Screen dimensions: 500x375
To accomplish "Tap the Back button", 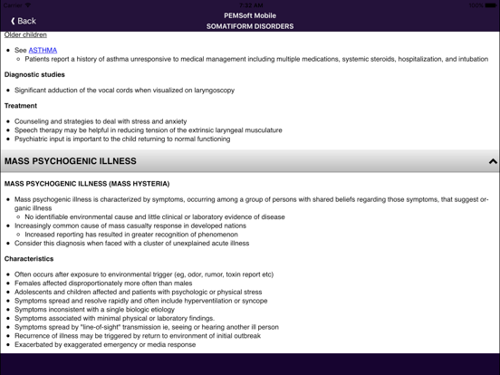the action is pos(24,20).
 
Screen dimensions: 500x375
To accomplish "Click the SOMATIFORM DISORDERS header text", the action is pos(249,26).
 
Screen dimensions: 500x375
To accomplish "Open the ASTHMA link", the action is pos(43,50).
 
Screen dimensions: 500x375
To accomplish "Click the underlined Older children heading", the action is pos(25,35).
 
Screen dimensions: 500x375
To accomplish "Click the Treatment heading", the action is pos(21,106).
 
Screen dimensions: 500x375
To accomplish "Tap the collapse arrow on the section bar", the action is pos(493,161).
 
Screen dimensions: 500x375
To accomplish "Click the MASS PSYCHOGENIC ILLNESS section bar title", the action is pos(71,161).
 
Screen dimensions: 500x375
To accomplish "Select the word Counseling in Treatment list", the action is pos(34,120).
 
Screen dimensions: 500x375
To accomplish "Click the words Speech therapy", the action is pos(40,130).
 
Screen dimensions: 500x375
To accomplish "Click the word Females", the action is pos(29,284).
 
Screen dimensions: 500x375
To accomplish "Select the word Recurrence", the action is pos(34,336).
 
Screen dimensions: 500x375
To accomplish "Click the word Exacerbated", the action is pos(35,345).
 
